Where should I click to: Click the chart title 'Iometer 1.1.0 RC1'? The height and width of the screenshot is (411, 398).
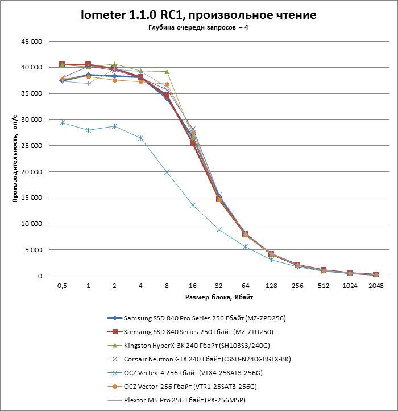pos(198,14)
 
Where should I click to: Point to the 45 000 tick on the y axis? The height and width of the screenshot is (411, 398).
pos(32,42)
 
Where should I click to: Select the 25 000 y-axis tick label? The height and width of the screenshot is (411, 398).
pos(32,146)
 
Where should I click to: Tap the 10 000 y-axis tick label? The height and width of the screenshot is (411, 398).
pos(32,224)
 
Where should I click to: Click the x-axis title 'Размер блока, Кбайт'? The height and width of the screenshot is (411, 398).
pos(219,298)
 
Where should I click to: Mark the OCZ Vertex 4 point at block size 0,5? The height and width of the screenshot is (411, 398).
pos(62,122)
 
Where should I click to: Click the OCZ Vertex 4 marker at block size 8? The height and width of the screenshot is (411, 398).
pos(167,172)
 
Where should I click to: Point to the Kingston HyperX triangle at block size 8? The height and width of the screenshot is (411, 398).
pos(167,72)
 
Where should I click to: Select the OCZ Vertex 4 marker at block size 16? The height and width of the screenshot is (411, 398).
pos(193,205)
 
